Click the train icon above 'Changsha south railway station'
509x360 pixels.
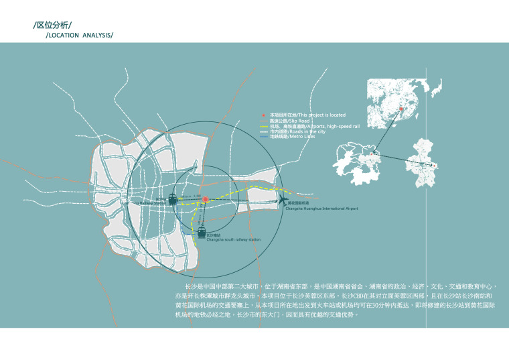coord(202,231)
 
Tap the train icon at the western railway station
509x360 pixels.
coord(173,199)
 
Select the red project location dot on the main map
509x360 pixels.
coord(206,199)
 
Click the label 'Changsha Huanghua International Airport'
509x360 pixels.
coord(321,209)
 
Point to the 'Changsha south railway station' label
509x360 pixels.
coord(233,239)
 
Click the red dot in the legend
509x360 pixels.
coord(264,116)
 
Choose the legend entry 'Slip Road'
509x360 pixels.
coord(285,121)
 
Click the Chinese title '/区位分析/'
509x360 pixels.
coord(52,25)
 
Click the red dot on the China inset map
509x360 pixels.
coord(401,109)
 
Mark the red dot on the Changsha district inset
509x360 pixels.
coord(434,166)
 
